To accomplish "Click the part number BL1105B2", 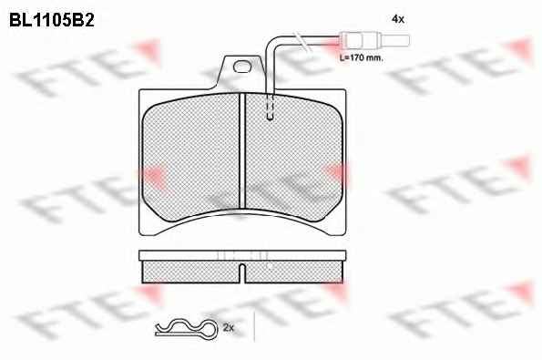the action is click(52, 21).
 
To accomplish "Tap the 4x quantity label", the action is click(398, 19).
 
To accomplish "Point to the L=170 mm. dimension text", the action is click(362, 58).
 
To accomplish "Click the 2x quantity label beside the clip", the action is click(228, 327).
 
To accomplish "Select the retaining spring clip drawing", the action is click(187, 328).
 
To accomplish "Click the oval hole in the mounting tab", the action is click(241, 67).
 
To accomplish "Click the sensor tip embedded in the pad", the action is click(270, 108).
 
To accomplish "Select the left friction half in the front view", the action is click(190, 157).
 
